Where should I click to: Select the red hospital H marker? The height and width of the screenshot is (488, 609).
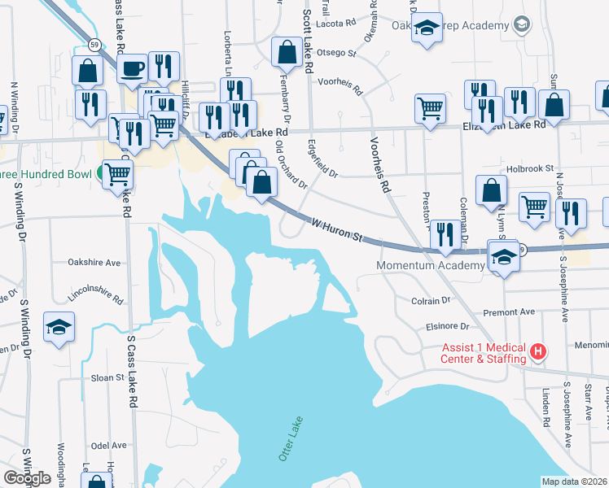(x=537, y=352)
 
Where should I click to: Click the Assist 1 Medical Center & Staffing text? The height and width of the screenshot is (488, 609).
(x=481, y=352)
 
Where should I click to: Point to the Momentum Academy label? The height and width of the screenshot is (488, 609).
(x=430, y=266)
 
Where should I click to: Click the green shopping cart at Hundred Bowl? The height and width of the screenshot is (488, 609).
(x=118, y=172)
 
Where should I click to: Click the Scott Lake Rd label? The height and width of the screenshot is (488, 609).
(x=308, y=41)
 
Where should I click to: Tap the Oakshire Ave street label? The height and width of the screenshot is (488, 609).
(x=94, y=263)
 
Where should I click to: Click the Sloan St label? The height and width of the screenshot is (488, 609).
(x=107, y=378)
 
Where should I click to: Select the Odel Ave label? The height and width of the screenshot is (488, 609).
(x=109, y=446)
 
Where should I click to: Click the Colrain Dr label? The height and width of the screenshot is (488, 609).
(x=431, y=301)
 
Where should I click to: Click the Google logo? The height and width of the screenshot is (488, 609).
(x=27, y=478)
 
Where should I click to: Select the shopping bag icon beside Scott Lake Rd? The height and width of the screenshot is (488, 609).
(x=287, y=53)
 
